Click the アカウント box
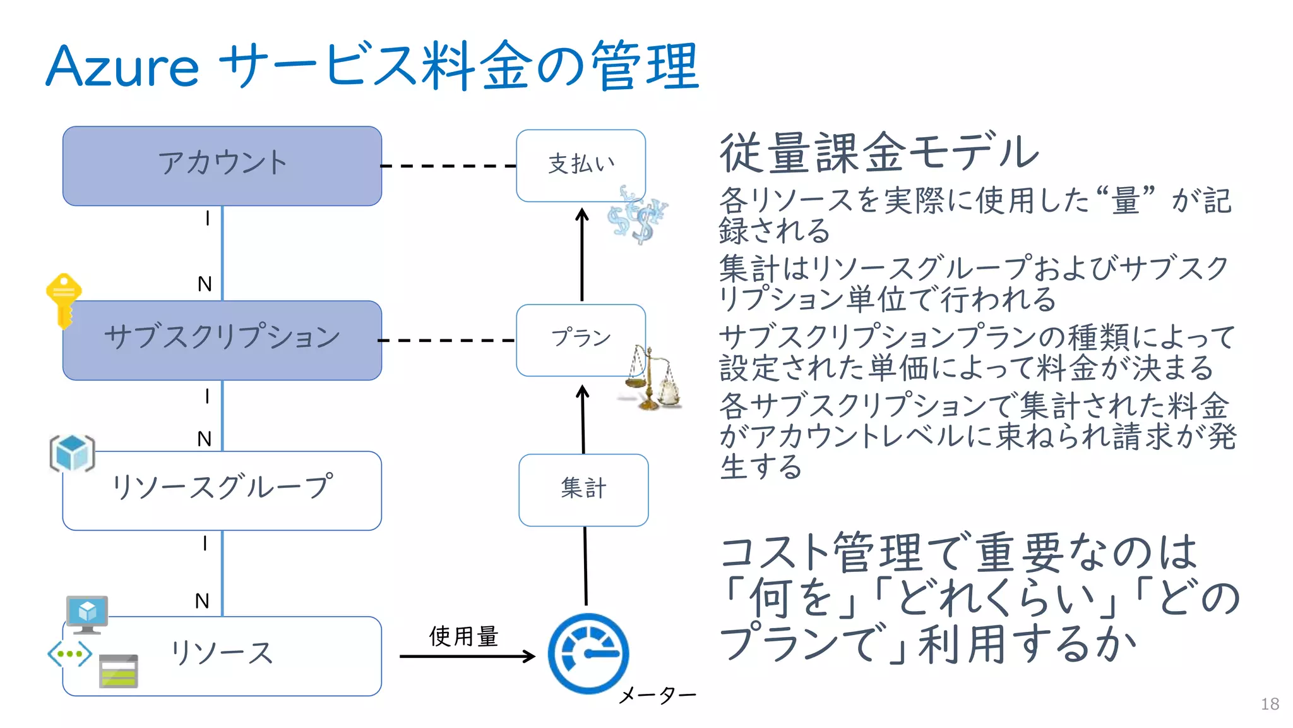(x=222, y=166)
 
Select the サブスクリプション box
(x=222, y=339)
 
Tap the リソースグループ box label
(x=222, y=487)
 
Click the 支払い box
(x=580, y=165)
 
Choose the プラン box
(x=580, y=339)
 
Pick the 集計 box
(x=583, y=489)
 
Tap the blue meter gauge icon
(x=588, y=653)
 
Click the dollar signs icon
(x=637, y=215)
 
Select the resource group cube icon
(x=72, y=453)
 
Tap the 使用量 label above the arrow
(x=463, y=636)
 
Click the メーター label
(x=657, y=696)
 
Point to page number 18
(x=1269, y=704)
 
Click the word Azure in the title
(x=122, y=67)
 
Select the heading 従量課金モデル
(x=878, y=153)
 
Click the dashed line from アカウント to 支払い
(x=448, y=166)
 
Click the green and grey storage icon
(x=119, y=671)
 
